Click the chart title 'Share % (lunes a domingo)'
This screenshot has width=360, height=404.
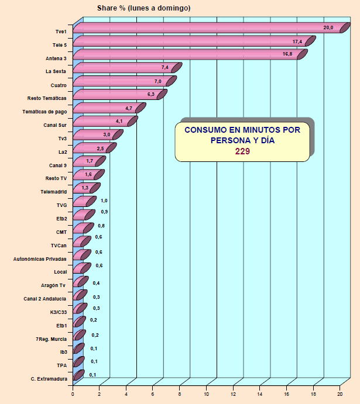coord(143,8)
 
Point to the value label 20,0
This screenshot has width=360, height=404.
coord(328,27)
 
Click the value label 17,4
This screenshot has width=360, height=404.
coord(297,42)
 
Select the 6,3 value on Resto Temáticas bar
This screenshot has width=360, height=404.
coord(150,95)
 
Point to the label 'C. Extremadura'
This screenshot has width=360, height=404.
coord(49,379)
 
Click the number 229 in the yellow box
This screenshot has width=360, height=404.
coord(242,151)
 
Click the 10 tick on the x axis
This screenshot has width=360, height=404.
coord(207,395)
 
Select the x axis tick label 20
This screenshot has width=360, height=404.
coord(340,395)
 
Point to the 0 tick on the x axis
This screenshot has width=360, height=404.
coord(73,395)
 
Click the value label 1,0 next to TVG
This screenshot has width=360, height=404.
coord(104,201)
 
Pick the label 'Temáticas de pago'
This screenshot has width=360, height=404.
coord(45,112)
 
